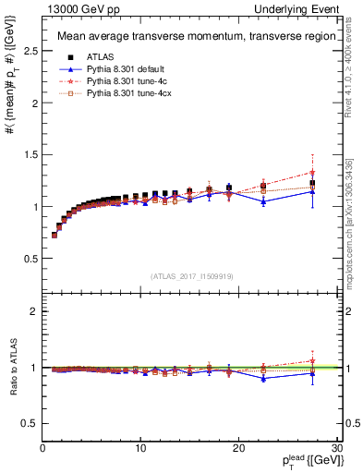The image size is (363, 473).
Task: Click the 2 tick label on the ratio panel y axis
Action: pos(34,311)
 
